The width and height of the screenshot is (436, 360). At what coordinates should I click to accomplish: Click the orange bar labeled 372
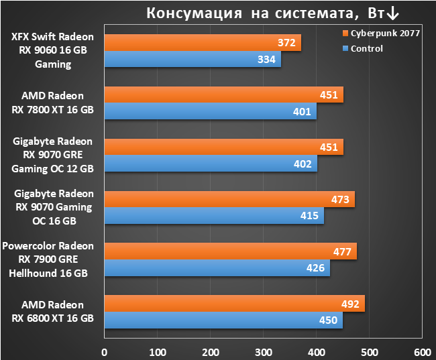pyautogui.click(x=203, y=42)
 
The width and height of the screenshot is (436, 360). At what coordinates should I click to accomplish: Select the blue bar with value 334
pyautogui.click(x=193, y=59)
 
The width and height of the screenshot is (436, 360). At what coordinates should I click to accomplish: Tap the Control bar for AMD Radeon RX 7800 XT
pyautogui.click(x=211, y=111)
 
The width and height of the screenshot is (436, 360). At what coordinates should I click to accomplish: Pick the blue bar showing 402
pyautogui.click(x=211, y=164)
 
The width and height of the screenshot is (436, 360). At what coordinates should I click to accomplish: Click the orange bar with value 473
pyautogui.click(x=229, y=199)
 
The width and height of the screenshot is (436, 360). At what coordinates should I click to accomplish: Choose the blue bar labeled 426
pyautogui.click(x=217, y=268)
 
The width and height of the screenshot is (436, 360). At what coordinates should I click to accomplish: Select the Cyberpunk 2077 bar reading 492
pyautogui.click(x=235, y=304)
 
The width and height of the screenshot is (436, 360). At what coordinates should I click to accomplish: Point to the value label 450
pyautogui.click(x=328, y=320)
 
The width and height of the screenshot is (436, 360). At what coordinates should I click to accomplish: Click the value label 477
pyautogui.click(x=342, y=252)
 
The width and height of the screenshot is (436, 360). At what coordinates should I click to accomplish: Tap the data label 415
pyautogui.click(x=309, y=216)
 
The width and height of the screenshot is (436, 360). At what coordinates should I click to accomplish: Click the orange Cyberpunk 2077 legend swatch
pyautogui.click(x=345, y=34)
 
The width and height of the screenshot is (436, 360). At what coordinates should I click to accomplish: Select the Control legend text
pyautogui.click(x=367, y=49)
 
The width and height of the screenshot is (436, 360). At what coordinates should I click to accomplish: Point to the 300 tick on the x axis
pyautogui.click(x=264, y=353)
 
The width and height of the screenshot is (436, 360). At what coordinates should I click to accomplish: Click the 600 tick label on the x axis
pyautogui.click(x=423, y=353)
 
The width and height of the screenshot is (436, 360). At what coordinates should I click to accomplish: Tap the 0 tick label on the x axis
pyautogui.click(x=105, y=353)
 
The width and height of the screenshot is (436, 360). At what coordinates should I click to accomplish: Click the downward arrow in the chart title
pyautogui.click(x=393, y=13)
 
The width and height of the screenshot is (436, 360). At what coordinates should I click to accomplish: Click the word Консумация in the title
pyautogui.click(x=194, y=13)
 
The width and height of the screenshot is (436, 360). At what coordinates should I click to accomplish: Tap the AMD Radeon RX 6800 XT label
pyautogui.click(x=53, y=311)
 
